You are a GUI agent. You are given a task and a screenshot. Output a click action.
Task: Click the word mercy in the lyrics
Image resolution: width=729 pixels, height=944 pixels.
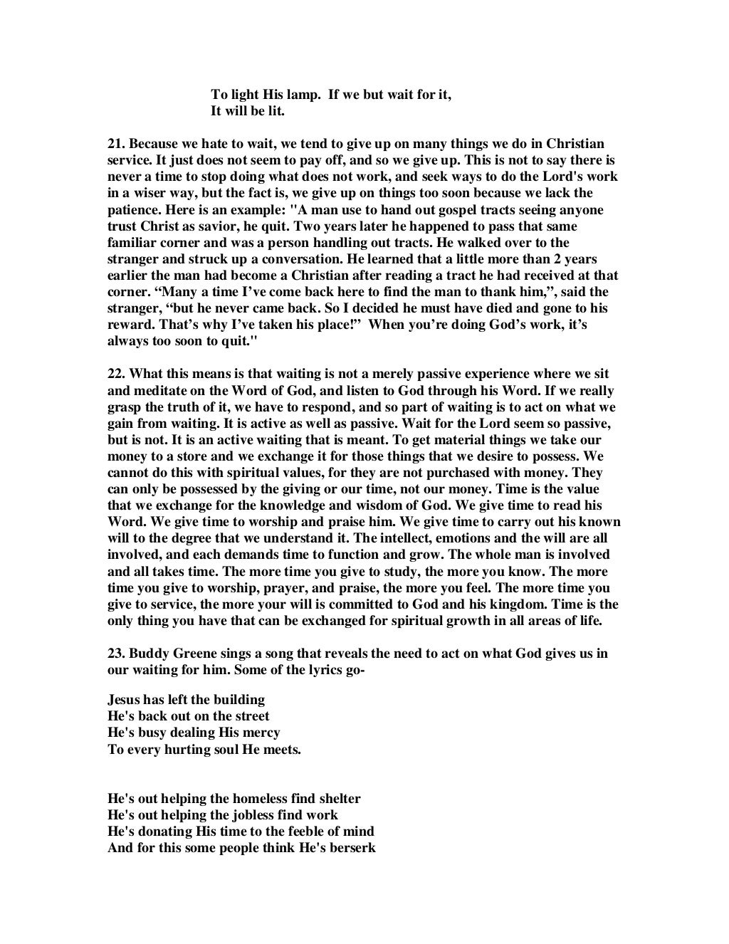(x=261, y=732)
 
